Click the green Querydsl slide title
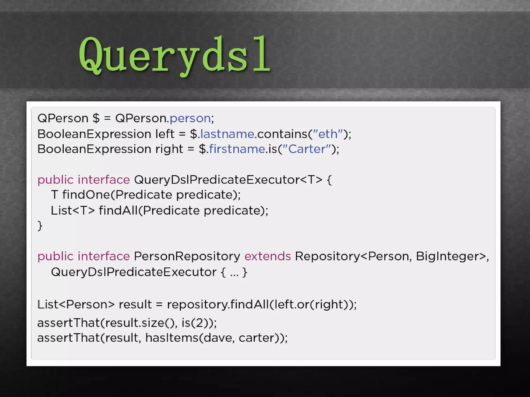[175, 55]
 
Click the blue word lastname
[227, 134]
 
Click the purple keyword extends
[268, 256]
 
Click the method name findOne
[86, 195]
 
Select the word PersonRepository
[187, 256]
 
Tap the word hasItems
[172, 338]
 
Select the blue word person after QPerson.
[190, 118]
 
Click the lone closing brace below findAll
[40, 226]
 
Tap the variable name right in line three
[169, 149]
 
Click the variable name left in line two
[165, 134]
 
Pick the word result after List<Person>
[135, 304]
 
